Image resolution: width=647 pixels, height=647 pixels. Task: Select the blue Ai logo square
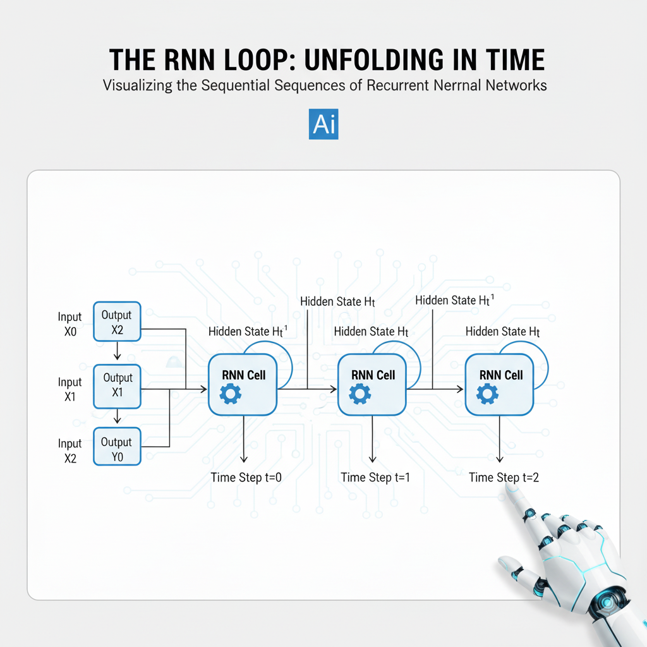323,123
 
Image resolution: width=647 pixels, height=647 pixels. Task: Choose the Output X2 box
117,322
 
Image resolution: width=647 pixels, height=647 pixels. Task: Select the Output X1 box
118,385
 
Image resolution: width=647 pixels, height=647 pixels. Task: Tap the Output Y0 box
117,448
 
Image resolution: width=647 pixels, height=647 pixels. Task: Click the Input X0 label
70,323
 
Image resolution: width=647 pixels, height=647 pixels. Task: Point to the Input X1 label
70,389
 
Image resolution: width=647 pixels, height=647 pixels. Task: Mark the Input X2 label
70,450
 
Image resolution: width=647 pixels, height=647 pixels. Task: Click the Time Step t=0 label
246,478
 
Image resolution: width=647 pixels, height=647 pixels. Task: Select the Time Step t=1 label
375,478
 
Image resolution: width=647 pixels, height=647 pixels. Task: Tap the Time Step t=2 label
504,478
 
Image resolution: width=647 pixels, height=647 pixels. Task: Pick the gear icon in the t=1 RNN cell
360,394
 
